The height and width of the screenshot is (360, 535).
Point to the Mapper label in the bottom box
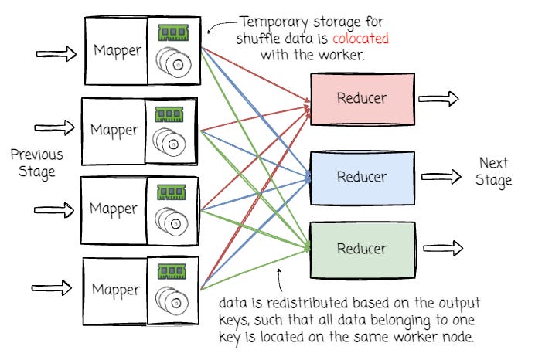[x=116, y=290]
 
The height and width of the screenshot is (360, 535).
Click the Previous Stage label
[x=36, y=163]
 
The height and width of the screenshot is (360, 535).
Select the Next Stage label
[x=494, y=172]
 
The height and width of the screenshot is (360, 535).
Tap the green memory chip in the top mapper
[x=173, y=32]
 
